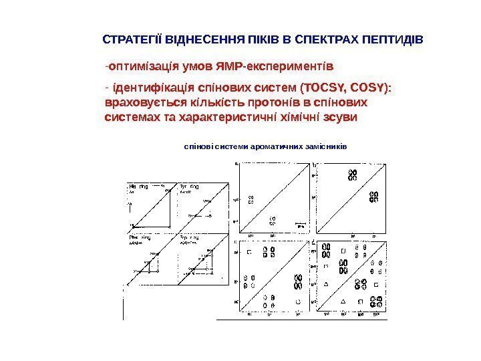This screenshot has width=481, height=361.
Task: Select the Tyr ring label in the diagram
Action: point(188,187)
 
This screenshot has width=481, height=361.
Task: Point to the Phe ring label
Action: point(139,238)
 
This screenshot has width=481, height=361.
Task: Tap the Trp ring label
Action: point(189,238)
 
